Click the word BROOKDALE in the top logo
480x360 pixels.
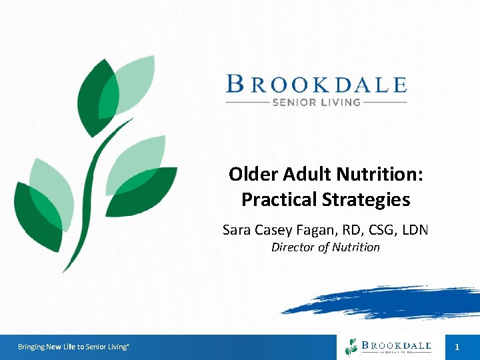(x=317, y=85)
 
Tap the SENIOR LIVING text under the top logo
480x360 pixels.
(x=316, y=103)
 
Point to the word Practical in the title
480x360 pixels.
(x=279, y=199)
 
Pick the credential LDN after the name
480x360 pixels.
(x=413, y=230)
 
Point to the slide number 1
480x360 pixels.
(x=457, y=347)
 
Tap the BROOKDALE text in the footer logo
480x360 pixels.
(x=397, y=345)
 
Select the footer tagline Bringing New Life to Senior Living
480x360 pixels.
(x=73, y=347)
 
